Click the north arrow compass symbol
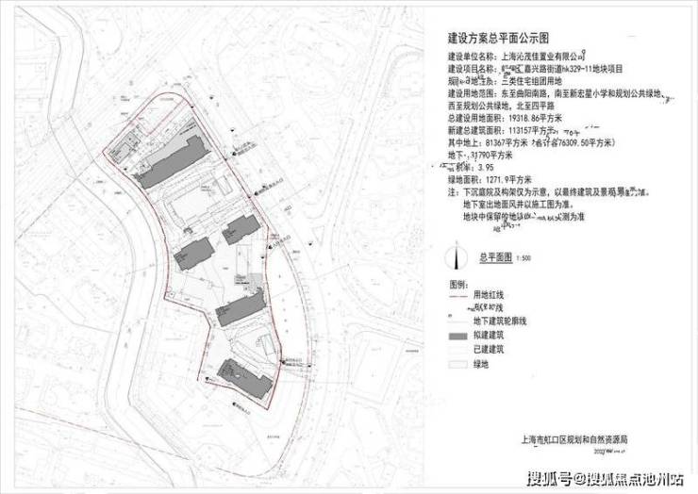pyautogui.click(x=457, y=256)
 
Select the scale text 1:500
pyautogui.click(x=526, y=256)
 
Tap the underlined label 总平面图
pyautogui.click(x=493, y=256)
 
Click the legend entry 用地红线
pyautogui.click(x=499, y=295)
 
